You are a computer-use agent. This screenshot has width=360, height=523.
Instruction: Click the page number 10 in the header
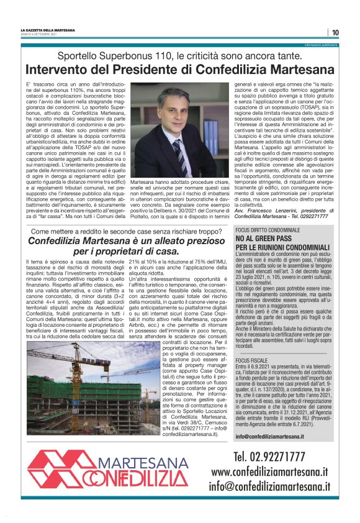point(335,32)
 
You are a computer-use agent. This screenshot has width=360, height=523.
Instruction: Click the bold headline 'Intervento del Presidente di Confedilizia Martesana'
point(180,70)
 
